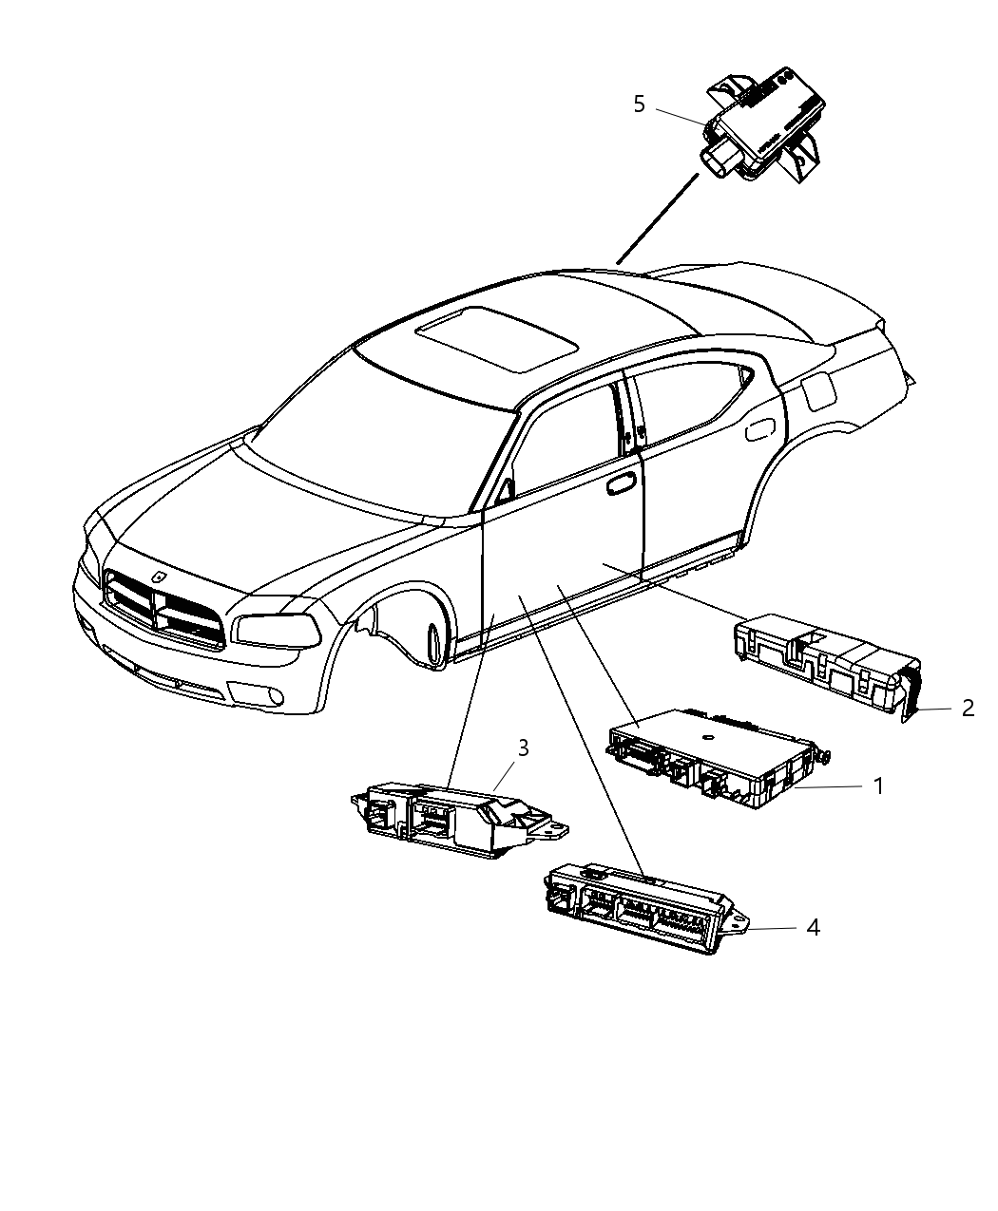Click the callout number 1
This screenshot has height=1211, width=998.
pyautogui.click(x=878, y=786)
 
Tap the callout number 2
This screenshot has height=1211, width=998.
pyautogui.click(x=968, y=708)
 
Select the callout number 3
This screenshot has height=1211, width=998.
pyautogui.click(x=522, y=748)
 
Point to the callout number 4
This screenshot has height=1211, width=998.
pyautogui.click(x=813, y=927)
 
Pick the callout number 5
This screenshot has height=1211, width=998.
pyautogui.click(x=639, y=104)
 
